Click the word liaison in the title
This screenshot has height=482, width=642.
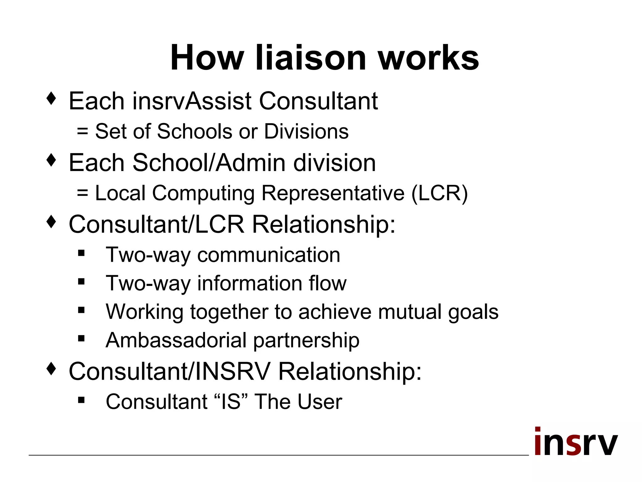pyautogui.click(x=310, y=58)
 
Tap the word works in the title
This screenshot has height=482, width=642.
pyautogui.click(x=428, y=58)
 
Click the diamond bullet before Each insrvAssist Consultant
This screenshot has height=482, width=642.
pyautogui.click(x=51, y=99)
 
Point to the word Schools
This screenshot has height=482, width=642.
pyautogui.click(x=194, y=131)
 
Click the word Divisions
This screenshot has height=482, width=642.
pyautogui.click(x=306, y=131)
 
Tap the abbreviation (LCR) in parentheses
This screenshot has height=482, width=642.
pyautogui.click(x=439, y=193)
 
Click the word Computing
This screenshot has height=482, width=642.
pyautogui.click(x=203, y=194)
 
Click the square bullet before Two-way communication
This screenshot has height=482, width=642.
pyautogui.click(x=82, y=253)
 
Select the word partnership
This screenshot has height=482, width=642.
pyautogui.click(x=306, y=341)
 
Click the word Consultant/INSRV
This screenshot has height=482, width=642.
pyautogui.click(x=170, y=371)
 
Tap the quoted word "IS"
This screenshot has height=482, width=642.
pyautogui.click(x=231, y=401)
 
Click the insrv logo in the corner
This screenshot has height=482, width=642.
pyautogui.click(x=576, y=442)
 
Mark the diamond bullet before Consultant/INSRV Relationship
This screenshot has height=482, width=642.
pyautogui.click(x=51, y=369)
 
